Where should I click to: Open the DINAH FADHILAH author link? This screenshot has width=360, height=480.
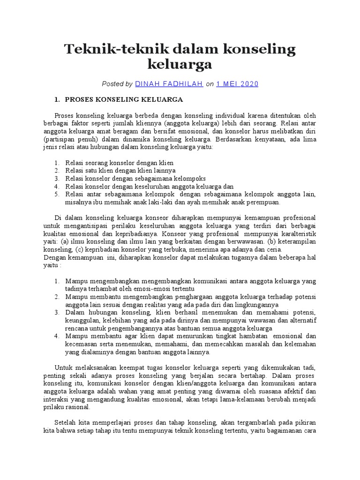pyautogui.click(x=169, y=84)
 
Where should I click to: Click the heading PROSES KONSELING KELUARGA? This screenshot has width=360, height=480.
pyautogui.click(x=124, y=100)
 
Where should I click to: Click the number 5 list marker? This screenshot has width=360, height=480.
pyautogui.click(x=56, y=194)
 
